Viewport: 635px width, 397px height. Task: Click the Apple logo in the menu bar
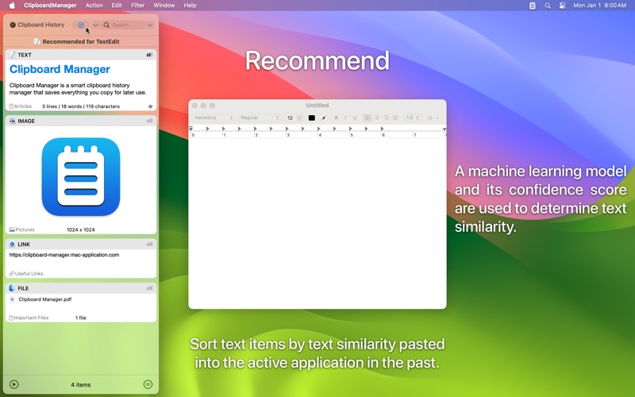(12, 6)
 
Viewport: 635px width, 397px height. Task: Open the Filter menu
(137, 6)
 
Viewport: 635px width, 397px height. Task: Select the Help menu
(190, 6)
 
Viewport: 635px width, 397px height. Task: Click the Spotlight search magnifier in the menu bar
(548, 6)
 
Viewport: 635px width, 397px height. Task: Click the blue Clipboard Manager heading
(60, 70)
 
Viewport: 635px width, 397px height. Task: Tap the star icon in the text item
(150, 106)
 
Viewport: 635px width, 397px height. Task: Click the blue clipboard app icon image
(80, 176)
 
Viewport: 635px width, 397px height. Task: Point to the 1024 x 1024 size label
(80, 229)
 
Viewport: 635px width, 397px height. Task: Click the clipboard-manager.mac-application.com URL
(64, 255)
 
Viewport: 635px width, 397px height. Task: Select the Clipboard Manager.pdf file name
(45, 299)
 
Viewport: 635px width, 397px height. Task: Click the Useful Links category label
(29, 273)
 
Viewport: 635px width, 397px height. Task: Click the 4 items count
(80, 384)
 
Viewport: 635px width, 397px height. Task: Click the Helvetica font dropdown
(214, 118)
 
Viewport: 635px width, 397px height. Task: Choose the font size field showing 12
(291, 118)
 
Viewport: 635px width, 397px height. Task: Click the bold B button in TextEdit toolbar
(337, 118)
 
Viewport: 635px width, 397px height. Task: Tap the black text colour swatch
(311, 118)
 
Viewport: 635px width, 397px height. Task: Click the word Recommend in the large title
(317, 61)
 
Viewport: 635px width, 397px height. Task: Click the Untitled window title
(317, 105)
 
